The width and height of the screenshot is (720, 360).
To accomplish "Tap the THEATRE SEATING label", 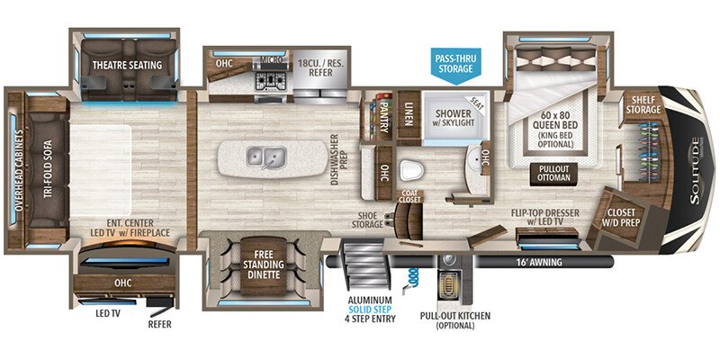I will (126, 65).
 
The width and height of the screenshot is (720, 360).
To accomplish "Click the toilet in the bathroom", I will (412, 169).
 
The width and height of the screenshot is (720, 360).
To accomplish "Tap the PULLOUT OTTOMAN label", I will (553, 172).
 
